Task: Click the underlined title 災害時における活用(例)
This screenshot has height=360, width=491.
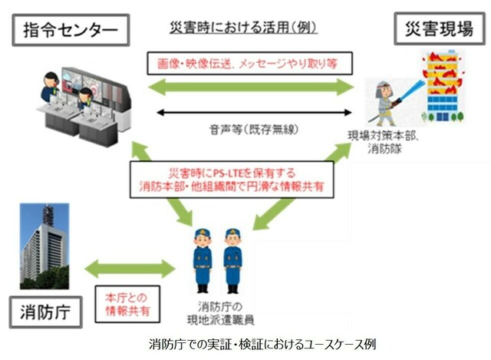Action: pos(243,28)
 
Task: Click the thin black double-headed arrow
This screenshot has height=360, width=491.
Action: pos(254,112)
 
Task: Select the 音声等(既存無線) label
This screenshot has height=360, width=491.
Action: pos(254,129)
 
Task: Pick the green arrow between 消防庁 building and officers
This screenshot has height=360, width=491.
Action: pos(130,269)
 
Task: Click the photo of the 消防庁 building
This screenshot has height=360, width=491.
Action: pos(44,246)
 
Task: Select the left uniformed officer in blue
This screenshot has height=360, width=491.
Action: pos(203,261)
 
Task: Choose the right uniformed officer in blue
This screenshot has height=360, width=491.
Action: pos(232,261)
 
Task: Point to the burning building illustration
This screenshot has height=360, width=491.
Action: pos(443,86)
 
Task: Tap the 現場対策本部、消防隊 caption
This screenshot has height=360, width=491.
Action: pos(384,142)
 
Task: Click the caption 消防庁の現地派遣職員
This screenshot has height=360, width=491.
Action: pos(220,313)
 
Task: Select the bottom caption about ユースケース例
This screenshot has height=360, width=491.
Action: pos(262,345)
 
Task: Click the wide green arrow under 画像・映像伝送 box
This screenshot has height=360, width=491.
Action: pos(251,87)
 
